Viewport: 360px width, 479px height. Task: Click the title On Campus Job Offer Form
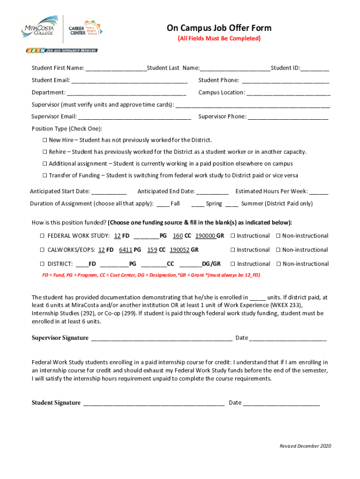coord(219,28)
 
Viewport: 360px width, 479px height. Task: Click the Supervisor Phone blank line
coord(288,117)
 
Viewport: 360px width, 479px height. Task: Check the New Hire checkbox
coord(45,140)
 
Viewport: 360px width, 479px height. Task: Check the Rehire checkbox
coord(45,152)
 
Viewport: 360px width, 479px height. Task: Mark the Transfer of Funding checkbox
coord(45,176)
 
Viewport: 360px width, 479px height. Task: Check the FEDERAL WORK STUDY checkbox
coord(42,236)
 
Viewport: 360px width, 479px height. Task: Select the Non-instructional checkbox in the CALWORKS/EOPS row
coord(278,250)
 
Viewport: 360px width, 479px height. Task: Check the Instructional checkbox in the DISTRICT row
coord(233,264)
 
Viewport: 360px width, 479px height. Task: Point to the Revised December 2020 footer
coord(305,446)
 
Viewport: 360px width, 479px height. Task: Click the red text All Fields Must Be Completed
coord(219,38)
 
